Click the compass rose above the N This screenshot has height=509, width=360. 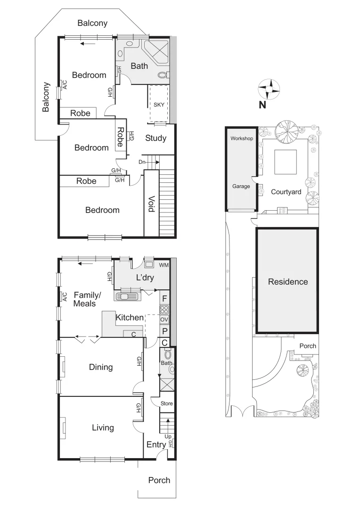[x=269, y=88]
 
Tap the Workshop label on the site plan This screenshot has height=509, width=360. [x=241, y=139]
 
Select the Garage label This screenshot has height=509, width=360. [x=241, y=186]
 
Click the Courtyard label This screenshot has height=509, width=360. [x=286, y=192]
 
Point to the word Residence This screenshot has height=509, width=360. [x=287, y=282]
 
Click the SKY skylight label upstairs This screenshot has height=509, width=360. [x=159, y=104]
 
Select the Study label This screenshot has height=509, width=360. [x=155, y=138]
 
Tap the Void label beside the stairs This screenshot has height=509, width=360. [x=151, y=204]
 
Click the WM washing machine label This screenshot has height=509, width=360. [x=163, y=265]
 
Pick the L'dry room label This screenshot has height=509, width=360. [x=145, y=278]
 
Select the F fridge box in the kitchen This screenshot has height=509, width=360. [x=164, y=298]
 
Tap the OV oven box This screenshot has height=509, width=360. [x=164, y=320]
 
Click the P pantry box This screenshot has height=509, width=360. [x=164, y=331]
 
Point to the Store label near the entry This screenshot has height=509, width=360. [x=166, y=403]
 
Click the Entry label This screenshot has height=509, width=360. [x=156, y=444]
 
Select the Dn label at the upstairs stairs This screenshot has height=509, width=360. [x=142, y=162]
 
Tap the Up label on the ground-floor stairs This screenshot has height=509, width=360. [x=168, y=436]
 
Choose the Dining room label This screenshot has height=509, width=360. [x=101, y=367]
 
